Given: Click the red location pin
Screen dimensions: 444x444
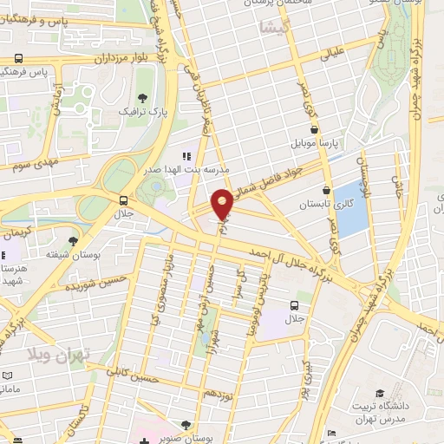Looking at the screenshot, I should pyautogui.click(x=222, y=204).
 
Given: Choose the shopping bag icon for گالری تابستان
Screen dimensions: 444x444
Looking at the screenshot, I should pyautogui.click(x=326, y=191).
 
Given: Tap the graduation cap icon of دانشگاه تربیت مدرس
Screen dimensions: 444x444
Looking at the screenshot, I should pyautogui.click(x=380, y=393).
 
